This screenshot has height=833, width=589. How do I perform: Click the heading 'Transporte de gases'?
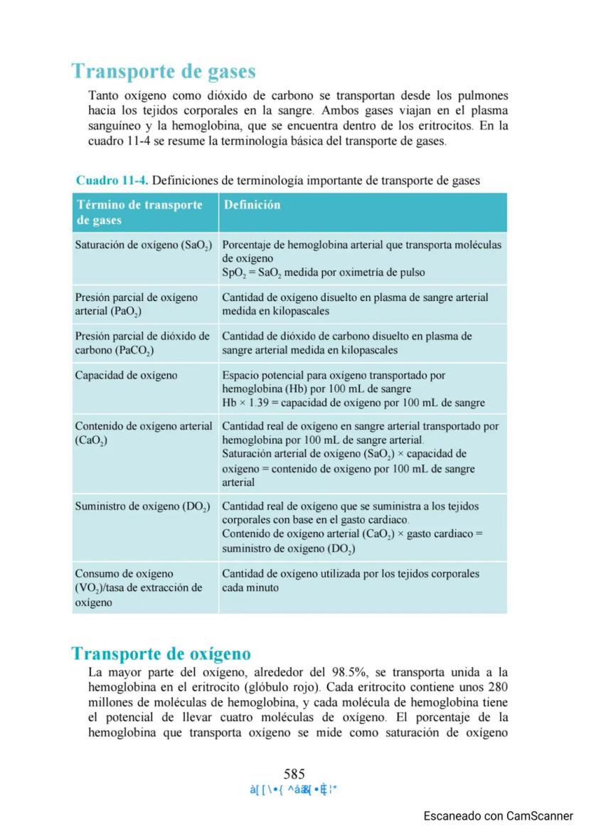[164, 72]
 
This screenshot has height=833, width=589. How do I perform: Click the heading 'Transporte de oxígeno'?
[161, 653]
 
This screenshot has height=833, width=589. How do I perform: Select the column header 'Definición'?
[252, 205]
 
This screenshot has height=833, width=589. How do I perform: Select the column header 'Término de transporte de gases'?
[139, 213]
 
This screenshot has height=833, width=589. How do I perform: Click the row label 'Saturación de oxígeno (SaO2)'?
[144, 245]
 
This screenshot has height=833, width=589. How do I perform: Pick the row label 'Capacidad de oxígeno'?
[126, 375]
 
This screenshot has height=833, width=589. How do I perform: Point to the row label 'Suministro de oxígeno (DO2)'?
[142, 506]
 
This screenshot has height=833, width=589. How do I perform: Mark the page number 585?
[294, 774]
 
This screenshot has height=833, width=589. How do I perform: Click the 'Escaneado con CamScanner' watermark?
[498, 816]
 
